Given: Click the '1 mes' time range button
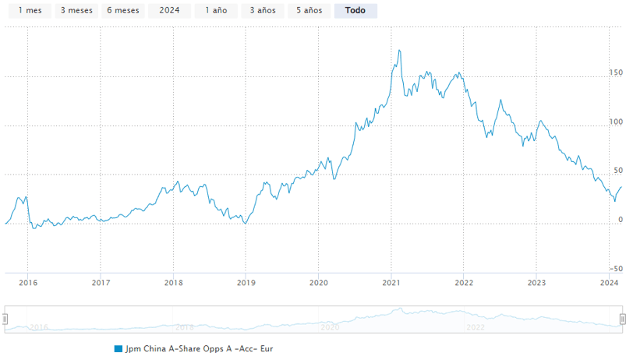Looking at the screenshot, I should (x=30, y=11).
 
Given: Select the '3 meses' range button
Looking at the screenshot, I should (x=76, y=11).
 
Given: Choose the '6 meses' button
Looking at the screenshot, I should (x=122, y=11).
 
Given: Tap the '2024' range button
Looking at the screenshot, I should (x=169, y=11).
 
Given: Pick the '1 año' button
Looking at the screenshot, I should (x=216, y=11).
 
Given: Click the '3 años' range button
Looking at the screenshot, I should (x=263, y=11).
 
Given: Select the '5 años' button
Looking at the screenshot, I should (x=309, y=11).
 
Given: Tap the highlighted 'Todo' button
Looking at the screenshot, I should (x=355, y=11).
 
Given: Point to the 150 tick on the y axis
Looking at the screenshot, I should (x=617, y=72).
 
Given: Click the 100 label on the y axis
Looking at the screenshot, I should (x=617, y=122).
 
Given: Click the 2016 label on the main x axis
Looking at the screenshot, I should (x=27, y=283).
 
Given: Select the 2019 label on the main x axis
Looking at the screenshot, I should (x=246, y=283).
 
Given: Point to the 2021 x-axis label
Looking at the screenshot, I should (x=391, y=283).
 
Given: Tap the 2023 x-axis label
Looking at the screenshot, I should (x=536, y=283).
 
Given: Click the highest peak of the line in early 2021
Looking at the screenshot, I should (x=400, y=51).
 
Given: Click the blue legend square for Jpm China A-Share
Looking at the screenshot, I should (x=118, y=348).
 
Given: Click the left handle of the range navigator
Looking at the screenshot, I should (x=5, y=319).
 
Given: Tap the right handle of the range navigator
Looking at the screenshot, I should (x=623, y=319).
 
